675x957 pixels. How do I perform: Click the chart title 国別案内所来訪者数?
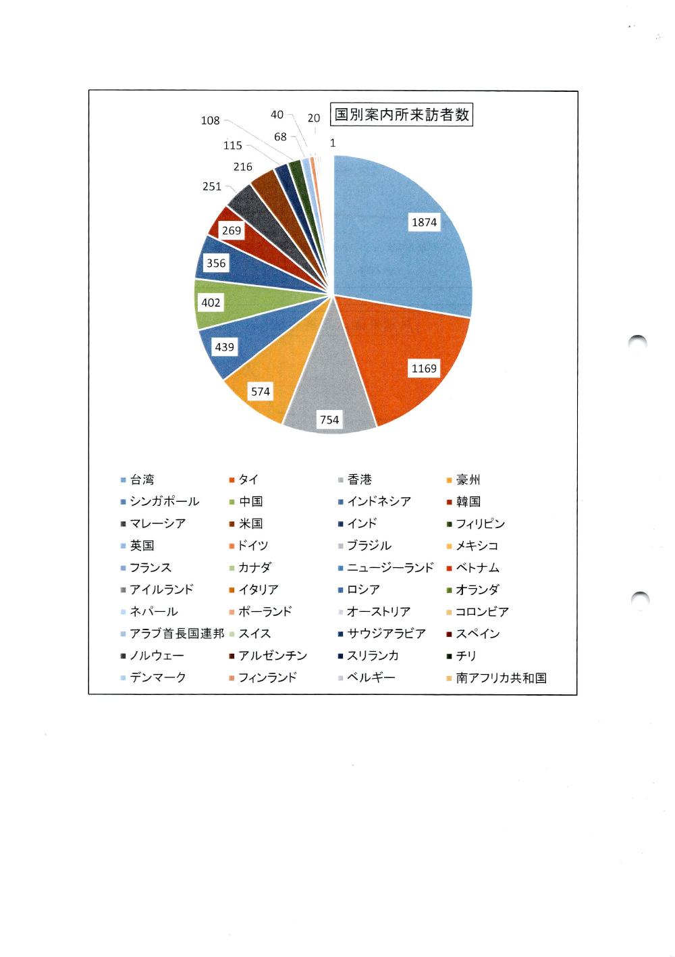click(x=402, y=115)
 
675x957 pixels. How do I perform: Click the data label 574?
click(x=261, y=391)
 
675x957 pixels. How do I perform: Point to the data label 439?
click(x=224, y=347)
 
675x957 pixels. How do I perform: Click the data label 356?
click(x=216, y=263)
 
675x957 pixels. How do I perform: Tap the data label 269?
click(x=232, y=230)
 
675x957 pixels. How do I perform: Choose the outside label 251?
click(x=212, y=186)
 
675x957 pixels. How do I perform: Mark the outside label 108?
click(x=211, y=120)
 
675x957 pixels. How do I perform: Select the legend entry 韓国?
click(x=468, y=501)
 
